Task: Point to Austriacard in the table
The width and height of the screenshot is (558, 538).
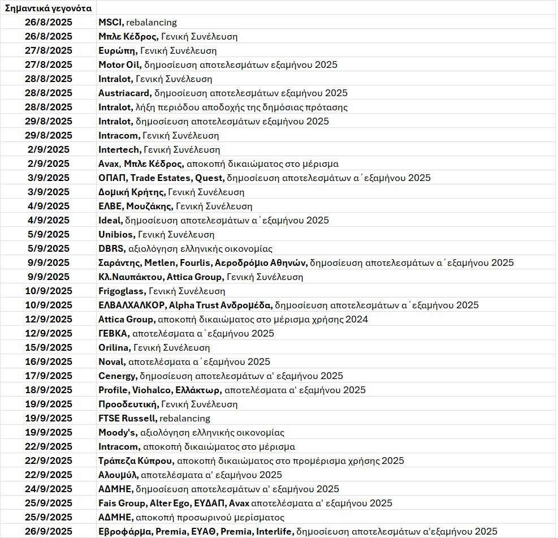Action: click(x=124, y=93)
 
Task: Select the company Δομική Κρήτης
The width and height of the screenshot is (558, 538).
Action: click(x=132, y=192)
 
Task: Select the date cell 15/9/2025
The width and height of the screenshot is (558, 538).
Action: click(x=49, y=347)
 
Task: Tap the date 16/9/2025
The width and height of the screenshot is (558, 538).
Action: click(x=49, y=361)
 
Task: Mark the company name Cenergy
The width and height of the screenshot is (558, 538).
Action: click(x=117, y=376)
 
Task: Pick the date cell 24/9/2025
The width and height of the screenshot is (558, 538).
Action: click(x=49, y=489)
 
